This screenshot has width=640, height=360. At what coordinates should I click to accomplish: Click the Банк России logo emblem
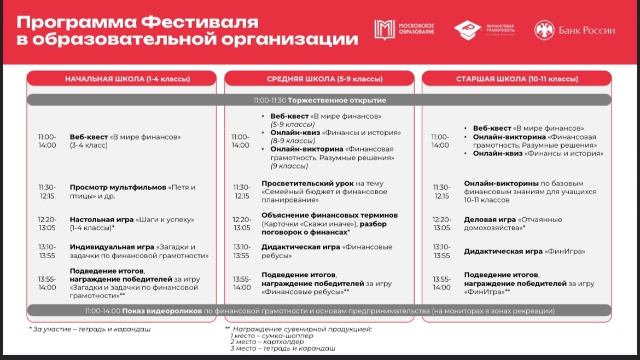pyautogui.click(x=543, y=30)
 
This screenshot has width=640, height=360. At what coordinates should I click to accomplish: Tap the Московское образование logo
pyautogui.click(x=384, y=30)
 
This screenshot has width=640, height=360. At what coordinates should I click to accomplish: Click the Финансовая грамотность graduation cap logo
pyautogui.click(x=466, y=30)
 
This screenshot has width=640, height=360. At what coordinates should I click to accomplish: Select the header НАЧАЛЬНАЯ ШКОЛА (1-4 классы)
pyautogui.click(x=127, y=79)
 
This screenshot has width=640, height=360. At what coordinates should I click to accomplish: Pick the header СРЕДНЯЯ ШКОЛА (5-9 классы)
pyautogui.click(x=324, y=79)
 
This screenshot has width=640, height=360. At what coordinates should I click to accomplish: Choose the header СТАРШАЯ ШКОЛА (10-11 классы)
pyautogui.click(x=517, y=79)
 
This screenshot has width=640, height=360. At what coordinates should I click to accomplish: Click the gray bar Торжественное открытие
pyautogui.click(x=319, y=100)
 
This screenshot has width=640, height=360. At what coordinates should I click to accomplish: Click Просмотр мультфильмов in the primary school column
pyautogui.click(x=118, y=187)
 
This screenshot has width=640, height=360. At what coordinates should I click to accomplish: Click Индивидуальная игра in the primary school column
pyautogui.click(x=113, y=247)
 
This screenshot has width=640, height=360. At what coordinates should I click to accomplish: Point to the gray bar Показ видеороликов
pyautogui.click(x=319, y=311)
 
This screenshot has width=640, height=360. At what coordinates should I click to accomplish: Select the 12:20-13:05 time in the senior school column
pyautogui.click(x=441, y=223)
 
